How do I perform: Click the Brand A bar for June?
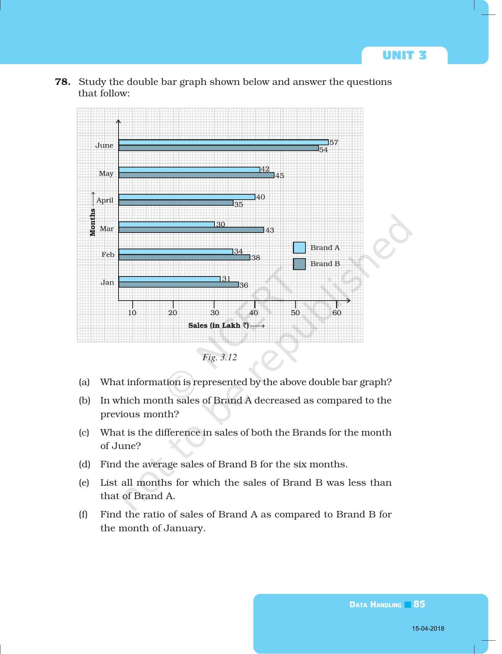click(223, 142)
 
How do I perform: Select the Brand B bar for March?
click(191, 230)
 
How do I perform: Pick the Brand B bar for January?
click(179, 285)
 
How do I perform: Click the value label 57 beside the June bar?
click(334, 143)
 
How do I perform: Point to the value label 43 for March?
click(270, 230)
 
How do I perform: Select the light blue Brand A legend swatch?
click(299, 247)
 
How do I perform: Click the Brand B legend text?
click(325, 264)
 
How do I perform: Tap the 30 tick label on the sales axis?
click(214, 313)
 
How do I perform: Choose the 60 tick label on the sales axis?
click(336, 313)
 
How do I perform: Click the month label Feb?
click(108, 255)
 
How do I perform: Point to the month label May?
click(106, 174)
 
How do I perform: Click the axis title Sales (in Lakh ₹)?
click(219, 325)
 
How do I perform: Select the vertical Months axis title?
click(93, 222)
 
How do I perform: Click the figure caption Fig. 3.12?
click(219, 358)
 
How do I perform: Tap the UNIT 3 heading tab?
click(404, 56)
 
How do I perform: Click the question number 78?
click(63, 82)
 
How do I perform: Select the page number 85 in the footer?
click(419, 604)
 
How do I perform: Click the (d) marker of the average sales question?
click(84, 464)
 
